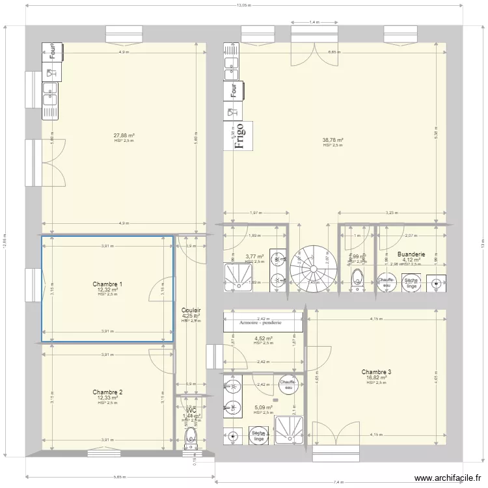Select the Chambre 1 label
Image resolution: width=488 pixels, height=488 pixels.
point(107,284)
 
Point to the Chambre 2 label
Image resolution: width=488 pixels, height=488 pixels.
point(107,392)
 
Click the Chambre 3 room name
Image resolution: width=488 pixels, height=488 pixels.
point(377,372)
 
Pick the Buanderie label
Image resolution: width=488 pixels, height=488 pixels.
point(411,254)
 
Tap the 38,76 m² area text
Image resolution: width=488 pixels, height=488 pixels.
point(333,140)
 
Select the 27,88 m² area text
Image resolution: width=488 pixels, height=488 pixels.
point(124,135)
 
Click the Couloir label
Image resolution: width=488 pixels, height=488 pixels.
point(191,311)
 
